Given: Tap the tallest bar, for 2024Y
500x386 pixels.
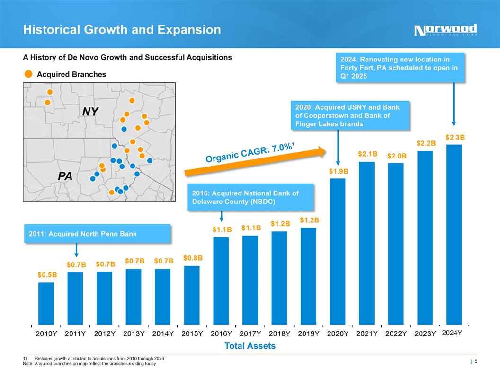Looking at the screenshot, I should tap(454, 234).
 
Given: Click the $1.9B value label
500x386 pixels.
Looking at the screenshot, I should tap(339, 171).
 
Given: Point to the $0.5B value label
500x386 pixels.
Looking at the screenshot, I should tap(47, 274).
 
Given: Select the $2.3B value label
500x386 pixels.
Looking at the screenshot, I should tap(455, 137).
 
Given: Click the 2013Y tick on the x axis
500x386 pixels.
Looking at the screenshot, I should tap(134, 333).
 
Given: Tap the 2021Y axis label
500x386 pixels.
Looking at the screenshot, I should tap(367, 333).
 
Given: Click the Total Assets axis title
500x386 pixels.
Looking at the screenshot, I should tap(250, 346).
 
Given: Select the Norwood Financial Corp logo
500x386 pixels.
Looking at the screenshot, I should tap(446, 30).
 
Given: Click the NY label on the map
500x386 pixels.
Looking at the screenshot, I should tap(90, 112).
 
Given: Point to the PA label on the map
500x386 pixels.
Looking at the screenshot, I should tap(65, 176).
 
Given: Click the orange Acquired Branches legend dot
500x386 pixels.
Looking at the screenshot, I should tap(28, 74).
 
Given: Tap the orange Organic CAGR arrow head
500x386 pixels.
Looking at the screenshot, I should tap(321, 151).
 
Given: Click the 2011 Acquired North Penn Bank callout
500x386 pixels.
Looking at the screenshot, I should tap(97, 234).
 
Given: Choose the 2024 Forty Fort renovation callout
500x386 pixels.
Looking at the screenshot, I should tap(400, 68).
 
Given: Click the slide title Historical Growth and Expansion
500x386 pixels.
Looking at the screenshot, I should tap(122, 30).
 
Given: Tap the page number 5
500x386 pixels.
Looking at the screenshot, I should tap(475, 362).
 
